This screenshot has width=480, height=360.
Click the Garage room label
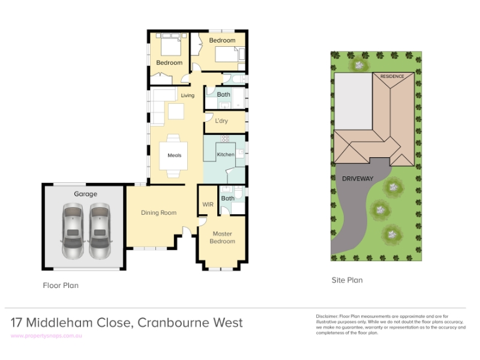pos(85,194)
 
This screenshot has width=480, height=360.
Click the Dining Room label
pos(158,212)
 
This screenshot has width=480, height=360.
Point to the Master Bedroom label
pos(222,237)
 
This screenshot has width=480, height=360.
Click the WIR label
pos(208,204)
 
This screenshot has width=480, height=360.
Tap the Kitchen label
pos(226,154)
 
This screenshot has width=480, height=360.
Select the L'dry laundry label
pos(221,121)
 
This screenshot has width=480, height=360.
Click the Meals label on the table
pos(174,155)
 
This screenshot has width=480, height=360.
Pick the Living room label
pos(187,95)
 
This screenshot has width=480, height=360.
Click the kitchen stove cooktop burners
pos(225,139)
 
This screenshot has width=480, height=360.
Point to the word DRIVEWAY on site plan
pos(358,178)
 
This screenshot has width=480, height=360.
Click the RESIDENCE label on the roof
pos(392,76)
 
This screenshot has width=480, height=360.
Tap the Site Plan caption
pos(347,280)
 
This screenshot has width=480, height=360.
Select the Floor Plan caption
pos(61,286)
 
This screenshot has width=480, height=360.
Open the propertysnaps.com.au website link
pos(46,336)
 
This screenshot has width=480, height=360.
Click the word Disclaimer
pos(327,316)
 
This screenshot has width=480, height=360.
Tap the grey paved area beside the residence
pos(353,101)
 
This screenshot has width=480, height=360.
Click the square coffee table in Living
pos(176,112)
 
